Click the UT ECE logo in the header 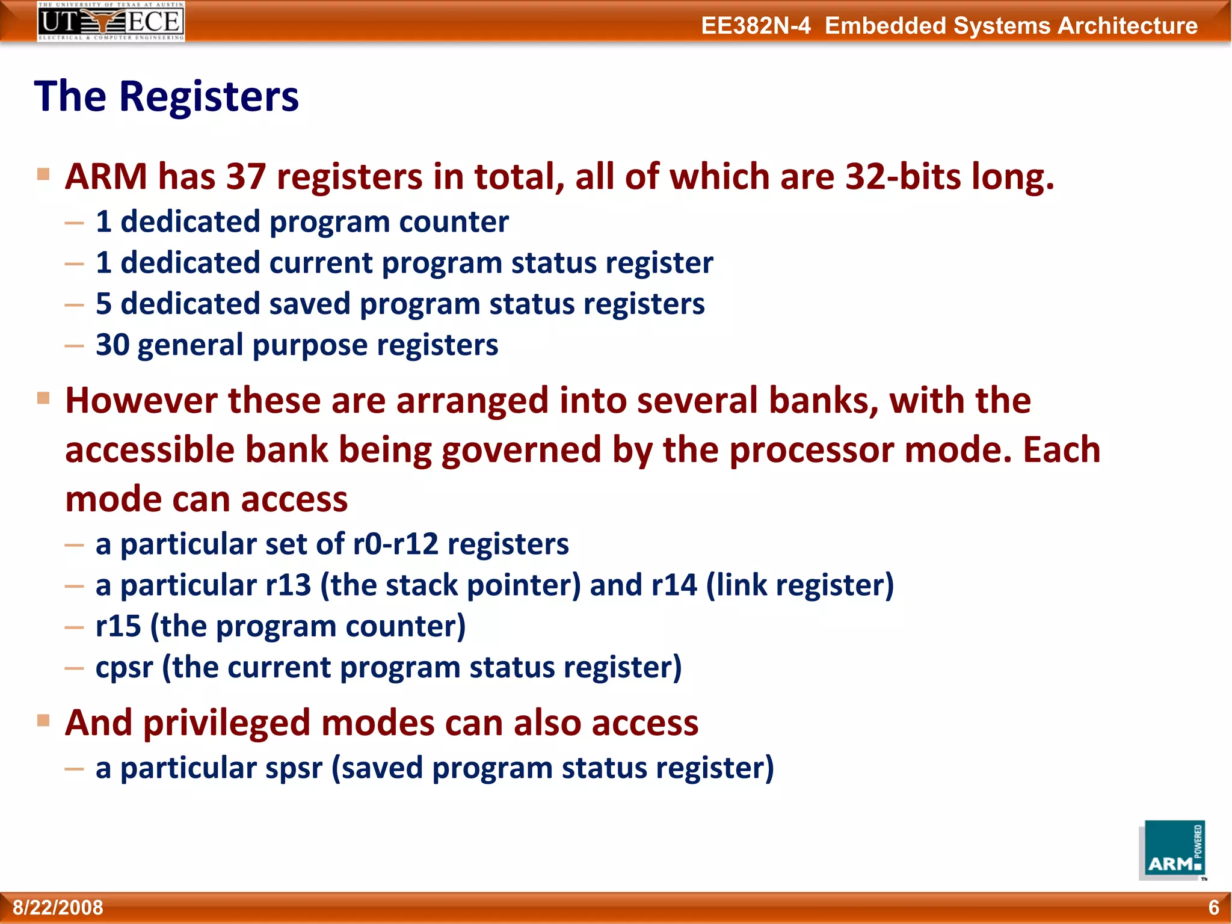(x=111, y=21)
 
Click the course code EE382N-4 (x=756, y=26)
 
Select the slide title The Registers (x=166, y=96)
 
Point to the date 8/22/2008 (x=58, y=907)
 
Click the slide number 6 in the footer (x=1213, y=907)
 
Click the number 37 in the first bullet (x=246, y=177)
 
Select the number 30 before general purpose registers (x=112, y=345)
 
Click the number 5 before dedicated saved (x=103, y=304)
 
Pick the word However (x=141, y=401)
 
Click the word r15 (x=118, y=626)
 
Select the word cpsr (x=125, y=668)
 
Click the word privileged (x=227, y=722)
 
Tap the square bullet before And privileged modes (x=43, y=720)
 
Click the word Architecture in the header (x=1127, y=26)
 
